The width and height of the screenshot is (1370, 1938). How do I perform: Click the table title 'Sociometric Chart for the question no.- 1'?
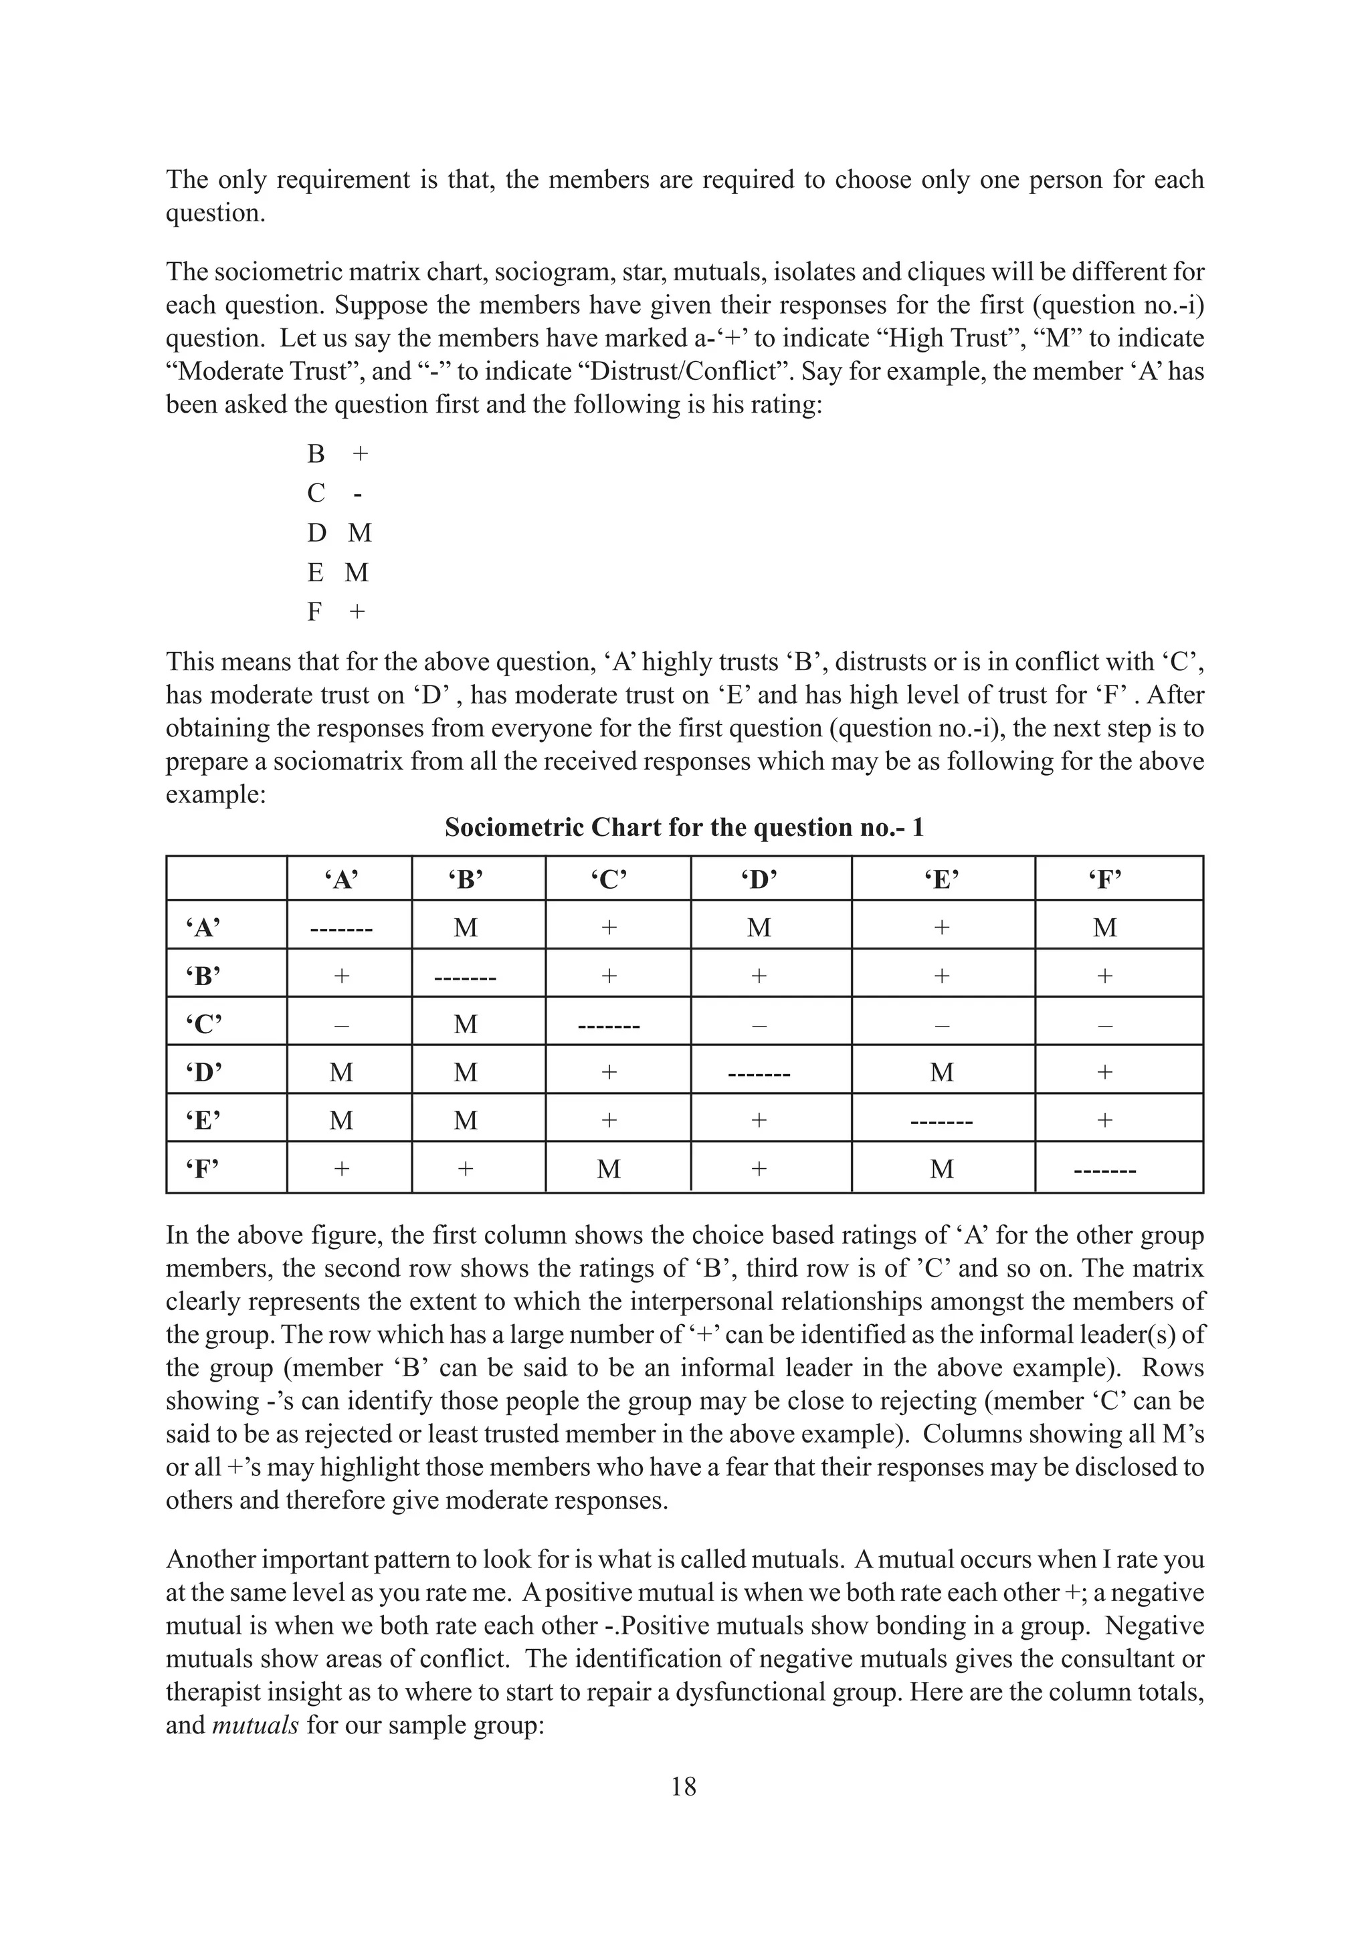coord(684,827)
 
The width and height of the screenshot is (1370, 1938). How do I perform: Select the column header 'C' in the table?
coord(609,879)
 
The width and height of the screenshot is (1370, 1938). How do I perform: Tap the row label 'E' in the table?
coord(203,1120)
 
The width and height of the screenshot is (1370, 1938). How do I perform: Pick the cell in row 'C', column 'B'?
coord(465,1024)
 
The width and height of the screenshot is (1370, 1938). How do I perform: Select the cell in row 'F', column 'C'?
coord(609,1168)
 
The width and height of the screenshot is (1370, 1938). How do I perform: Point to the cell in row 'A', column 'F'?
coord(1105,928)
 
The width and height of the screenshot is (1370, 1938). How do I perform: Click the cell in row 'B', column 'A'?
coord(341,976)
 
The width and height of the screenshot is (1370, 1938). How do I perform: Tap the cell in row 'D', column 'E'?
coord(942,1072)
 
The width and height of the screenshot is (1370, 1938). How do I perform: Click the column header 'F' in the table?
coord(1105,879)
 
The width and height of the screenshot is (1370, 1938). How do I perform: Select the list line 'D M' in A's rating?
coord(339,532)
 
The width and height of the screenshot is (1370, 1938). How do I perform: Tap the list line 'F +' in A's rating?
coord(336,611)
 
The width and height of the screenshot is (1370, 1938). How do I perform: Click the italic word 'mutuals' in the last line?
coord(255,1725)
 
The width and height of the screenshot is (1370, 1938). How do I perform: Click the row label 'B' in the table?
coord(203,976)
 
